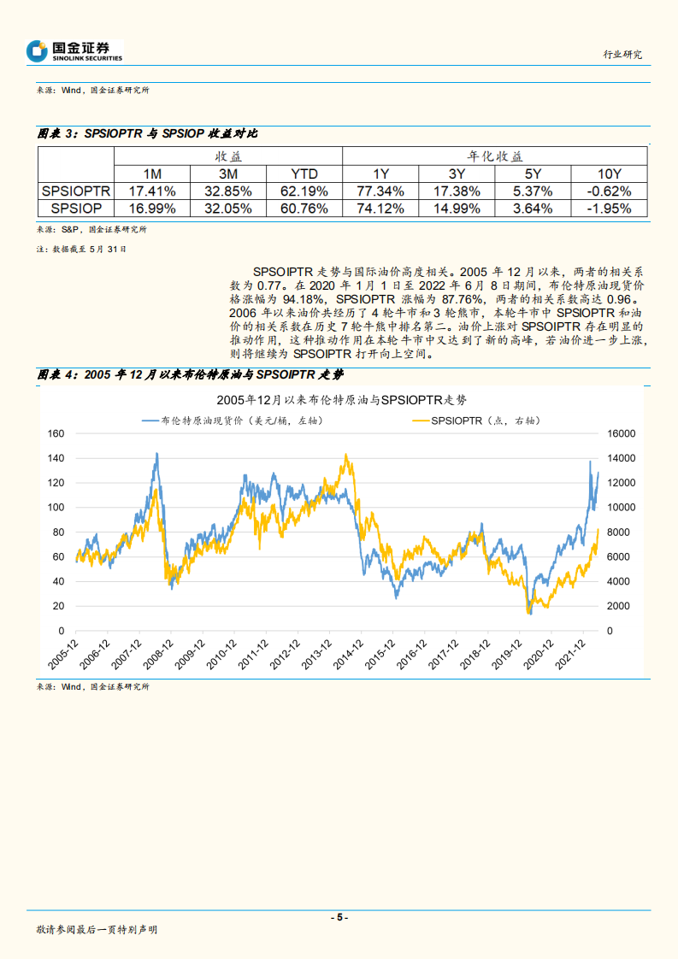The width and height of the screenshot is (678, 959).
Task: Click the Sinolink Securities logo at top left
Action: click(x=74, y=51)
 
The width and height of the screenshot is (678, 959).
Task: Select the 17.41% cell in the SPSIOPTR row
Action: click(x=151, y=191)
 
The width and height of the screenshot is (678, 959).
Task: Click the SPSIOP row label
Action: click(x=76, y=208)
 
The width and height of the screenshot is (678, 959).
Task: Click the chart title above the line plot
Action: click(x=341, y=399)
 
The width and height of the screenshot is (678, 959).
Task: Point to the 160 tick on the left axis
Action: click(x=57, y=433)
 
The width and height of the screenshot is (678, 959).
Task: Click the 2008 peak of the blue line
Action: click(x=156, y=454)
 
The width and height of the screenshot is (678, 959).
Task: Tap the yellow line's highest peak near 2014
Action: click(x=345, y=455)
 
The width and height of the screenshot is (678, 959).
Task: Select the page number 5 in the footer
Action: click(x=339, y=917)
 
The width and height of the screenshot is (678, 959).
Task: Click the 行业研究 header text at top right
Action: click(x=622, y=54)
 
